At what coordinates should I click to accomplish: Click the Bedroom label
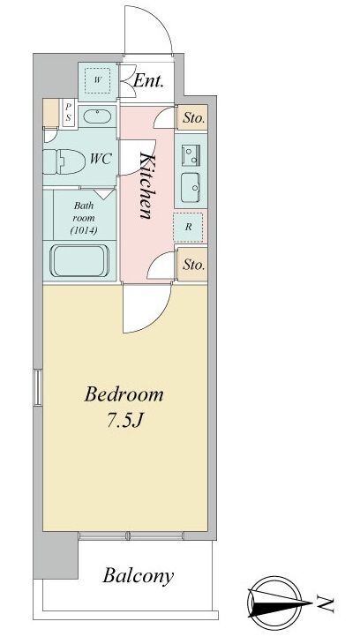coord(124,394)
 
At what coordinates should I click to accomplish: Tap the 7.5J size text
coord(124,421)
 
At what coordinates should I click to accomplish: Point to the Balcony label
coord(138,576)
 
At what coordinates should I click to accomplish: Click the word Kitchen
coord(146,185)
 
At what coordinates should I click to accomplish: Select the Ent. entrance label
coord(148,81)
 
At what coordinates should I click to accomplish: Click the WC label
coord(101,159)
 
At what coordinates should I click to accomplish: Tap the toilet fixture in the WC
coord(64,161)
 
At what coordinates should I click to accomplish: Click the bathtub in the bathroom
coord(79,261)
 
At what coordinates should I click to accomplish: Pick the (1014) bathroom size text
coord(84,230)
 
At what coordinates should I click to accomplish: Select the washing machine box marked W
coord(97,80)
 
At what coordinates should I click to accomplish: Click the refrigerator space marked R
coord(188,227)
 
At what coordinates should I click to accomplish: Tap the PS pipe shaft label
coord(69,111)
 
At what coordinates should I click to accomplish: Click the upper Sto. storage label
coord(193,118)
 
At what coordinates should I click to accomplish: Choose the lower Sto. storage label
coord(193,265)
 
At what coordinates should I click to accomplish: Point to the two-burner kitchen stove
coord(191,155)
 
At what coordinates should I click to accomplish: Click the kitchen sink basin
coord(191,187)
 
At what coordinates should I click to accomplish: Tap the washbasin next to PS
coord(97,116)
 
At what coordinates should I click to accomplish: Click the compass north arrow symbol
coord(274,603)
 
